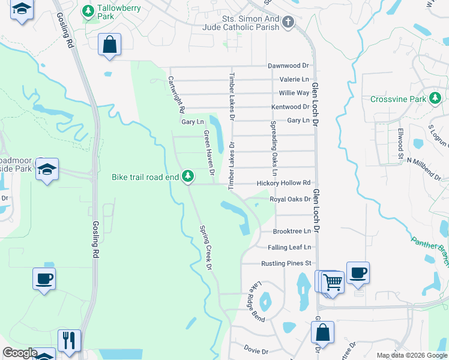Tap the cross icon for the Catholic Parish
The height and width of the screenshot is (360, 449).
[289, 23]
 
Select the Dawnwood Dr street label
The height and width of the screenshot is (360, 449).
[288, 65]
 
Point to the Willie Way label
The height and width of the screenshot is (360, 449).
[294, 93]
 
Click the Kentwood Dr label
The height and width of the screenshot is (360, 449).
[290, 107]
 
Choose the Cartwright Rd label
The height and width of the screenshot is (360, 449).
[176, 95]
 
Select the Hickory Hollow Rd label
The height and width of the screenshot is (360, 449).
[284, 183]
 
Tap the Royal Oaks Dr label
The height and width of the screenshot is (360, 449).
[290, 199]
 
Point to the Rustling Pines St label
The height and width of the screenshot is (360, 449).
[286, 263]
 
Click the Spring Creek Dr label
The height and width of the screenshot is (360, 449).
[206, 247]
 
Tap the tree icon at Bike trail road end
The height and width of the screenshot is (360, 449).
[188, 176]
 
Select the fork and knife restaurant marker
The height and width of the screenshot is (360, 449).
[69, 340]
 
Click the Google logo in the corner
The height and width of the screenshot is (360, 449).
[20, 353]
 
